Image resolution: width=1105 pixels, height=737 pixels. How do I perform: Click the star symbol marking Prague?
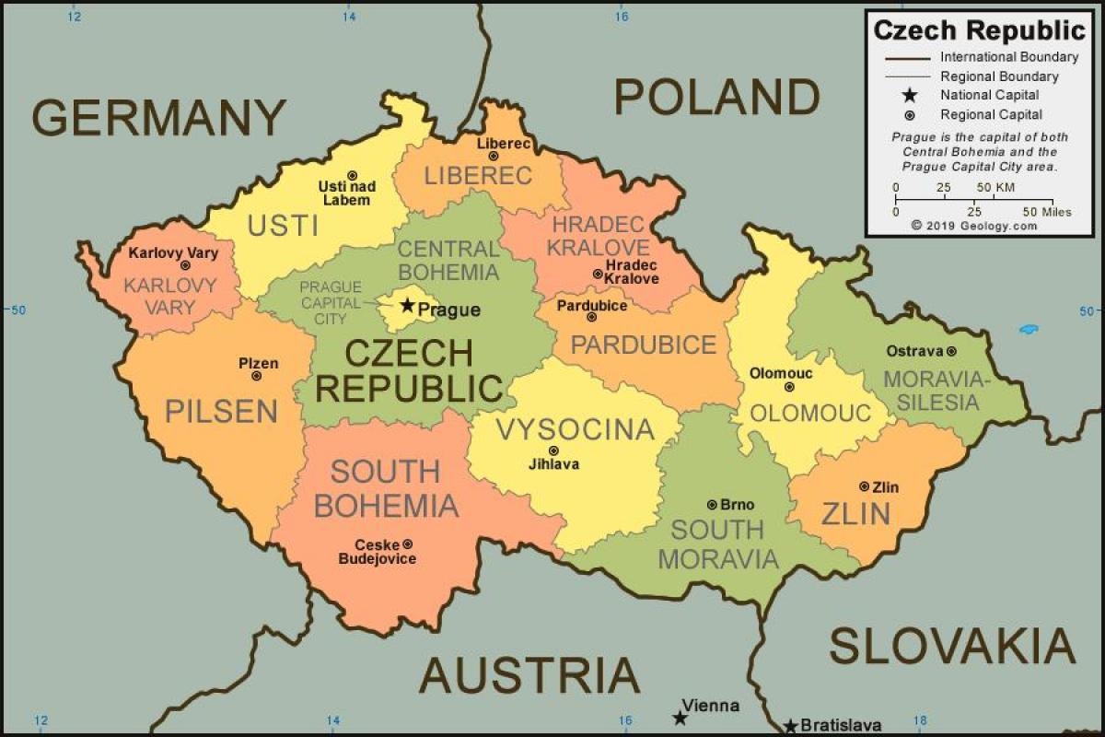tap(407, 305)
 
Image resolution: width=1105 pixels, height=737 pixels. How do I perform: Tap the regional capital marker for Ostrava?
tap(951, 351)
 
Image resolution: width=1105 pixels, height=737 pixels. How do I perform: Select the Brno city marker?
tap(712, 504)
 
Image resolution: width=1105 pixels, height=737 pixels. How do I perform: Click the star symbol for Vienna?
tap(680, 717)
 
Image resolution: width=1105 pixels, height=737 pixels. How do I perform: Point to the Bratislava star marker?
tap(790, 725)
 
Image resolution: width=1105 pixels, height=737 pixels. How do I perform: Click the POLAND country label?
tap(716, 97)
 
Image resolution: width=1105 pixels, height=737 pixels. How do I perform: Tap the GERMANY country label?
tap(159, 118)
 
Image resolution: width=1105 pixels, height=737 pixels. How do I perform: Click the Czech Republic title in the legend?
tap(980, 30)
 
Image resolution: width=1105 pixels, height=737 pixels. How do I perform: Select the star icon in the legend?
tap(910, 95)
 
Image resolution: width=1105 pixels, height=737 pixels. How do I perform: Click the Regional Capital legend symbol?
tap(910, 115)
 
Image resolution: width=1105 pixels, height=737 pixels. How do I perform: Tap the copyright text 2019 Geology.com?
tap(974, 225)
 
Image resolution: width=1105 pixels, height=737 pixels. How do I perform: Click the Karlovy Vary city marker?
tap(185, 265)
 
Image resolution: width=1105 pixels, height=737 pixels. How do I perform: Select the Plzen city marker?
tap(256, 376)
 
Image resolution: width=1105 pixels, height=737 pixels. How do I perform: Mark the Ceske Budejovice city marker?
tap(408, 544)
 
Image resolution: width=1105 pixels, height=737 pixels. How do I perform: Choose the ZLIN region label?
tap(855, 513)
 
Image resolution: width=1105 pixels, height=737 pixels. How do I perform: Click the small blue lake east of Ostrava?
tap(1029, 329)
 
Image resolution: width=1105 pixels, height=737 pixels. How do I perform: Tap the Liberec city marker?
tap(493, 156)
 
